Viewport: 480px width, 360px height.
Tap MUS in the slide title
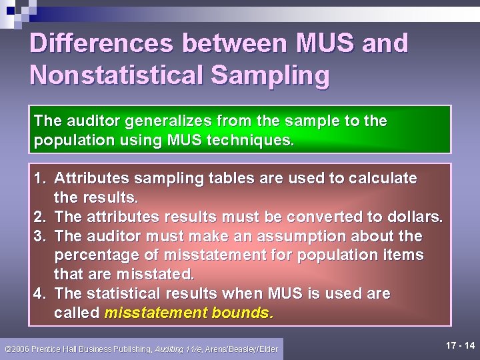322,44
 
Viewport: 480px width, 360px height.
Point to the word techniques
255,141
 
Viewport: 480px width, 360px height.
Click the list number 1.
39,179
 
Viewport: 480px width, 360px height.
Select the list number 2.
39,217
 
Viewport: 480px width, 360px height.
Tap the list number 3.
39,236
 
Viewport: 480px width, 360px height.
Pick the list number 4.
39,294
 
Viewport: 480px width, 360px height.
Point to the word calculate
379,179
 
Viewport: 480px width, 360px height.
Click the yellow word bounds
242,313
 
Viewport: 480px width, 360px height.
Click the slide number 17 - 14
461,346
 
